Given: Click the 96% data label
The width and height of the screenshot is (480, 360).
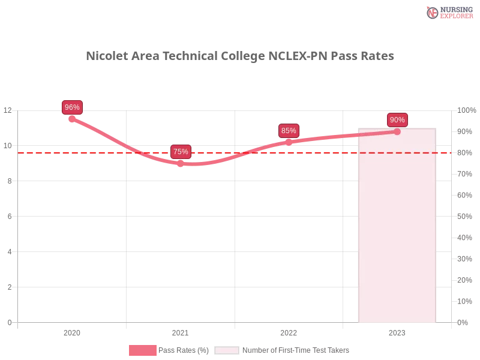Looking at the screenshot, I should [72, 107].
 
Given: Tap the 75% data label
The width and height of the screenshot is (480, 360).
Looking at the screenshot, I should [181, 152].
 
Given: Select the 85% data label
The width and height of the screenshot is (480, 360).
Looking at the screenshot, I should [289, 131].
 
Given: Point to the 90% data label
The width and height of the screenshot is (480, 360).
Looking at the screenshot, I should [397, 120].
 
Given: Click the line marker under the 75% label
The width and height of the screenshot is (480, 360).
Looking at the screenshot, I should [181, 163].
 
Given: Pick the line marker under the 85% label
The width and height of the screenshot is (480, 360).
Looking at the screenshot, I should [289, 142].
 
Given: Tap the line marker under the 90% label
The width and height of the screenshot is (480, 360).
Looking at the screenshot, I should [397, 131].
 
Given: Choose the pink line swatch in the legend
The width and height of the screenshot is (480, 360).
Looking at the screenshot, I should [142, 350].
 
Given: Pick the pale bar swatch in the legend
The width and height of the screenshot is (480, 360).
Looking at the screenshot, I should [227, 350].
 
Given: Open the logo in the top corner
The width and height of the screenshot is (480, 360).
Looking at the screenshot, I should [448, 13].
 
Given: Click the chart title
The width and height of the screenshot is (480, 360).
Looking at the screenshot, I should [241, 56].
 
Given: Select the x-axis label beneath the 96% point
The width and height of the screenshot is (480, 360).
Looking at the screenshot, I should [72, 331].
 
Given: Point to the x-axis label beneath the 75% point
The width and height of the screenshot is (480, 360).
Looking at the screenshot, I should [180, 331].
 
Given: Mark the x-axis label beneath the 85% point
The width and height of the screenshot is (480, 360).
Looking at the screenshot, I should [289, 331].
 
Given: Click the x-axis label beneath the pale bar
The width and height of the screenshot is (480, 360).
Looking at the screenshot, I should [397, 331].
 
